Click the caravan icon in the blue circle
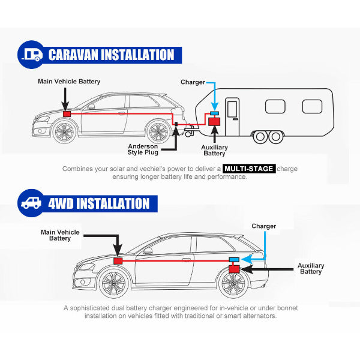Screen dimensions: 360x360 (x=30, y=55)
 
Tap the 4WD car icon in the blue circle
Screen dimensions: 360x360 (x=30, y=202)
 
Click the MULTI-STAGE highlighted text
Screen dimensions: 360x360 (x=249, y=169)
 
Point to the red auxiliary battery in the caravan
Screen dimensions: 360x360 (x=213, y=122)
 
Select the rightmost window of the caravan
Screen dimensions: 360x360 (x=312, y=106)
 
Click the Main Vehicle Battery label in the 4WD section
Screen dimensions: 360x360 (x=60, y=235)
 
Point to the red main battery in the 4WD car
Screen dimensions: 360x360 (x=118, y=261)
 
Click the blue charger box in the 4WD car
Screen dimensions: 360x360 (x=234, y=259)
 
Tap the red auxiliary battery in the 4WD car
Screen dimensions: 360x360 (x=235, y=269)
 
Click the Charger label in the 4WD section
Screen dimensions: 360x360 (x=264, y=226)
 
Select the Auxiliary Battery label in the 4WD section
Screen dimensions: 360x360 (x=311, y=268)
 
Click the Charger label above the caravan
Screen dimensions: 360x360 (x=193, y=82)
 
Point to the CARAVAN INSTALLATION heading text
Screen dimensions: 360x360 (x=111, y=55)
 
